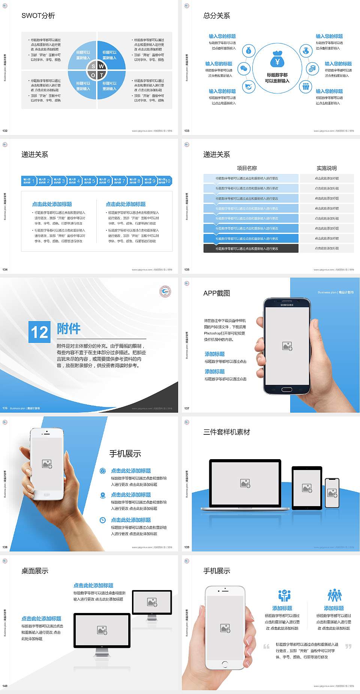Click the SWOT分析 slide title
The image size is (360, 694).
[x=38, y=16]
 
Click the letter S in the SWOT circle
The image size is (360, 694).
[x=93, y=66]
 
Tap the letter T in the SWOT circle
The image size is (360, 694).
[x=101, y=75]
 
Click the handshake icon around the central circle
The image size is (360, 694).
[x=248, y=87]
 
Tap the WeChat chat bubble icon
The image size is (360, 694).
[x=244, y=69]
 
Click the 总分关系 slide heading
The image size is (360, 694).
[x=217, y=16]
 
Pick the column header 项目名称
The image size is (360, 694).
[x=247, y=168]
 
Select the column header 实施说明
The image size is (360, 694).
[x=327, y=168]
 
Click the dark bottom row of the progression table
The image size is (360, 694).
[x=251, y=248]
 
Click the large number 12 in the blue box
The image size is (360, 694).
[x=39, y=332]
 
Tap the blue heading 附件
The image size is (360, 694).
[x=69, y=329]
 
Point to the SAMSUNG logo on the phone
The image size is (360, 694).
[x=287, y=305]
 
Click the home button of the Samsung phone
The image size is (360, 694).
[x=286, y=389]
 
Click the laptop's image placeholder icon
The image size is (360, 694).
[x=245, y=483]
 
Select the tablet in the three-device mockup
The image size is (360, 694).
[x=307, y=488]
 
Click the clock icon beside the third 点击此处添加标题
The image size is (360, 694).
[x=103, y=520]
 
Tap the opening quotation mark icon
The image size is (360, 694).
[x=266, y=646]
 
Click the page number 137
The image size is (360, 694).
[x=187, y=408]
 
